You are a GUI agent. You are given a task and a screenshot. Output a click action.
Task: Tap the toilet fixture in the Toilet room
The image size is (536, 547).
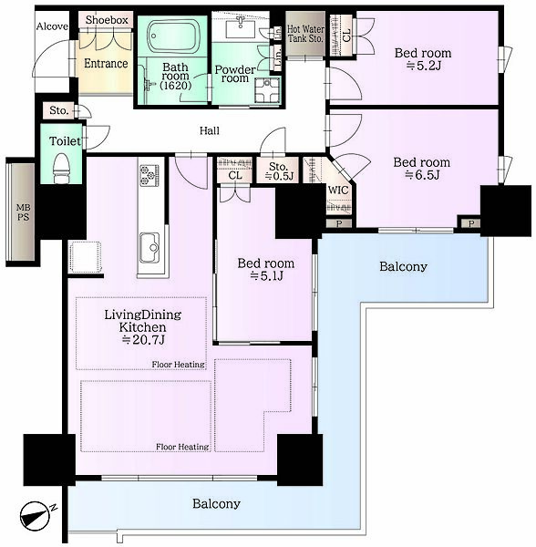click(x=62, y=168)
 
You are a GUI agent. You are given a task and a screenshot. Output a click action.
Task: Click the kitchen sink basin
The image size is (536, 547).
click(x=150, y=248)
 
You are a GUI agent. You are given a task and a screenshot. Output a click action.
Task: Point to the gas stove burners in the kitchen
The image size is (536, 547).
click(x=149, y=174)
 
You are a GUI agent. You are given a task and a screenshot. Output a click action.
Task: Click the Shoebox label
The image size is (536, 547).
click(x=107, y=20)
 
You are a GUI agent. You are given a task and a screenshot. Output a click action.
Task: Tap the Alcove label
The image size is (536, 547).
click(x=52, y=26)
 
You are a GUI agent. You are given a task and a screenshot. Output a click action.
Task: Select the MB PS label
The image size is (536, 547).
click(x=24, y=212)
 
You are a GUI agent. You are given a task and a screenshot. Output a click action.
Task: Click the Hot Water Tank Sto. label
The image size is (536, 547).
click(x=305, y=34)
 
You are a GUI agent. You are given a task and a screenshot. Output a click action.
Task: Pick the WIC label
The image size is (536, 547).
click(x=338, y=191)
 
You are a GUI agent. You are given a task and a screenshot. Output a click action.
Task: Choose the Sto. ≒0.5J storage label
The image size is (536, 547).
click(x=279, y=171)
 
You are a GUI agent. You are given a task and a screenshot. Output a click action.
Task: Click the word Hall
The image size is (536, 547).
click(x=210, y=130)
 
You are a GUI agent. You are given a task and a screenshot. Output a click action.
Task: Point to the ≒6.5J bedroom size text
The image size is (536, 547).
click(x=422, y=175)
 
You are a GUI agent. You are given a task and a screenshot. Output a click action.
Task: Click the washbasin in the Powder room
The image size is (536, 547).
click(x=241, y=28)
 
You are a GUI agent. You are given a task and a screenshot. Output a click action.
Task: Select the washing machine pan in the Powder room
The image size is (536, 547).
click(x=267, y=90)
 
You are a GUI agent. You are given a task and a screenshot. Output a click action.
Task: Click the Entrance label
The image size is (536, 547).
click(x=106, y=64)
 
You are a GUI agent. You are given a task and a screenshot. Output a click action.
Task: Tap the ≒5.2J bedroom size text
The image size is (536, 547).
click(x=423, y=66)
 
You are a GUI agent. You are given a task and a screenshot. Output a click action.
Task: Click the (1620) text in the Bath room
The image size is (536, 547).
click(x=175, y=86)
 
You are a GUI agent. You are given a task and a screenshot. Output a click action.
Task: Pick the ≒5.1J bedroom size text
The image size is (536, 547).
click(x=266, y=276)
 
